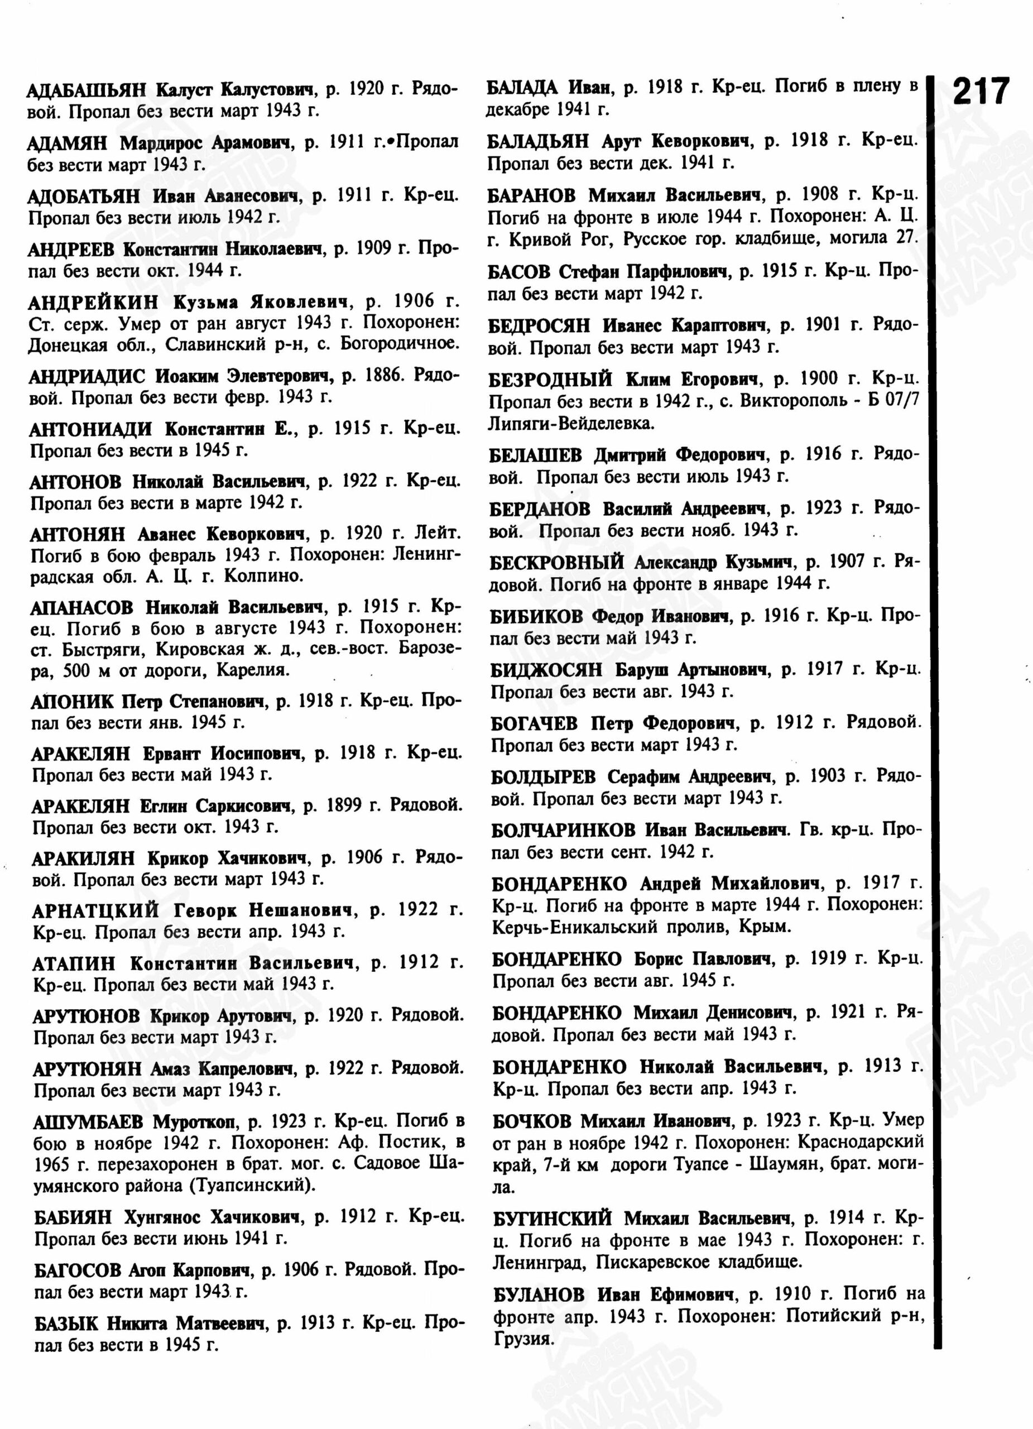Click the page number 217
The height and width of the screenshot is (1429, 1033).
(x=981, y=92)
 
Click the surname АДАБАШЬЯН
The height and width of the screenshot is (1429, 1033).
(x=85, y=89)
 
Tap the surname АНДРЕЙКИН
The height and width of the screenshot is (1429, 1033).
(x=93, y=303)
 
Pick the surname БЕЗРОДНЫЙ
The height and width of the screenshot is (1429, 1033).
(x=549, y=380)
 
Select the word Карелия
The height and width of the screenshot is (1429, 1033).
(x=253, y=670)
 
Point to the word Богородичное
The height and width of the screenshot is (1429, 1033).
(x=400, y=344)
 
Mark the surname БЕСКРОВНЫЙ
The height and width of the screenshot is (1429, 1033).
(x=557, y=562)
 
